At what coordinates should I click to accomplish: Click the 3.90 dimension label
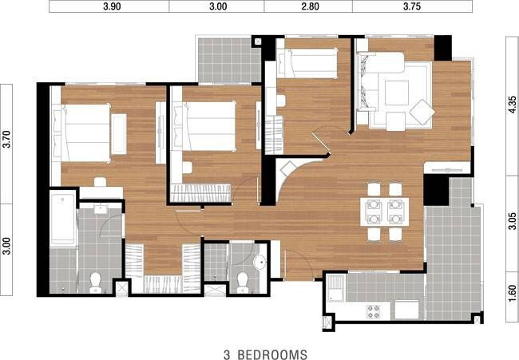coord(112,6)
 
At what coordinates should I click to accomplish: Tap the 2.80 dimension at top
coord(310,6)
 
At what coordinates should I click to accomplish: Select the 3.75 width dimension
coord(412,6)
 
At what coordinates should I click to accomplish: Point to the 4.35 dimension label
coord(512,105)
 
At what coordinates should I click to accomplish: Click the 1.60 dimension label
coord(512,293)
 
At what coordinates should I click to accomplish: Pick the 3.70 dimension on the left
coord(6,140)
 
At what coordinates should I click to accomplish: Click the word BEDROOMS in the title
coord(272,354)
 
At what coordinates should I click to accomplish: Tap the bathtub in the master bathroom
coord(62,218)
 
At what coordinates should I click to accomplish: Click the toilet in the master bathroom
coord(95,283)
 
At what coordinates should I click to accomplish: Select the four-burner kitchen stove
coord(374,311)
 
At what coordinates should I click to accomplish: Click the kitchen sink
coord(336,288)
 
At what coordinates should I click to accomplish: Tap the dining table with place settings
coord(384,212)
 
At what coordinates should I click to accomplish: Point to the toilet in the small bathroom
coord(243,283)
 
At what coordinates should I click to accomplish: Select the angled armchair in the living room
coord(422,112)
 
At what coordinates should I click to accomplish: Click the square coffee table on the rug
coord(397,93)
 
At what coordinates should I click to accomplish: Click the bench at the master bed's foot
coord(119,133)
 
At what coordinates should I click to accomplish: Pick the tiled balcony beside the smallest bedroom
coord(229,60)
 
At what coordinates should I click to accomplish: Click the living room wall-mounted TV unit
coord(447,168)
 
